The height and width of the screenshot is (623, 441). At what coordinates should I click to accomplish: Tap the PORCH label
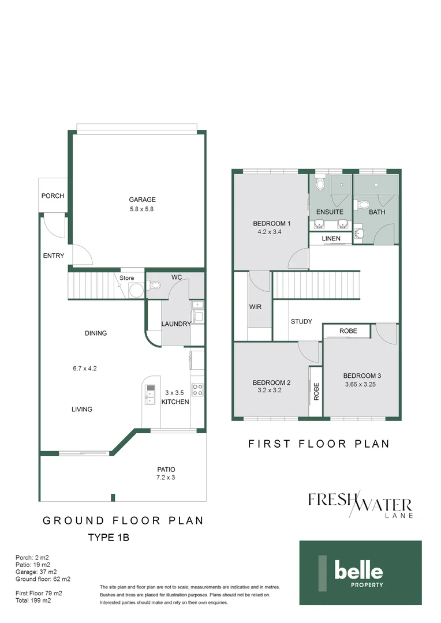tap(53, 196)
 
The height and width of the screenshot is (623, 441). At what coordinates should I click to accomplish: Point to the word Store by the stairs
tap(127, 278)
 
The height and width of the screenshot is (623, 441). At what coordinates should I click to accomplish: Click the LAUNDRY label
tap(176, 324)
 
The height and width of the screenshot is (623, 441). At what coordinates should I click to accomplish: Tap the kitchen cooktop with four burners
tap(197, 390)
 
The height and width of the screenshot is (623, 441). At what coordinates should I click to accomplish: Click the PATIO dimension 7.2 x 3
tap(166, 478)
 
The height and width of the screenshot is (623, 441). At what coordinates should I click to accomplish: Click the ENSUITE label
tap(330, 212)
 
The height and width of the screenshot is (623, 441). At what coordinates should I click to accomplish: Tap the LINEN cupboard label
tap(331, 238)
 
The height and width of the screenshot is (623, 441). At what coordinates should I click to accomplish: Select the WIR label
tap(256, 307)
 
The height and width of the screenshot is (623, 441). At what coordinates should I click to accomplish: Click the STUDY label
tap(301, 322)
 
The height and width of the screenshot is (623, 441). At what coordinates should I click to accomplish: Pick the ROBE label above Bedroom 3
tap(348, 331)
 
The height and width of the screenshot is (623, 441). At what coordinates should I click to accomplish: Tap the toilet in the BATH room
tap(362, 204)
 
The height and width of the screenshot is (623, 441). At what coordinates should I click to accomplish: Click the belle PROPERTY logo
tap(360, 573)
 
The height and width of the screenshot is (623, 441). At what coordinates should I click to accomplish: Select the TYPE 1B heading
tap(108, 538)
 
